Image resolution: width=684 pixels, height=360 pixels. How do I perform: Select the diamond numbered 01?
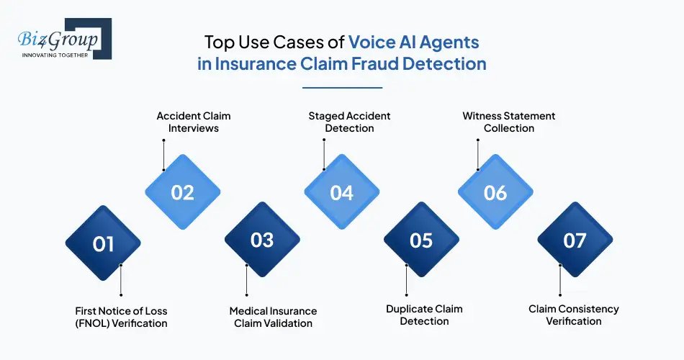click(x=103, y=244)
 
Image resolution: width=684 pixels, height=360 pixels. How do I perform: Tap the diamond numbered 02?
click(x=183, y=192)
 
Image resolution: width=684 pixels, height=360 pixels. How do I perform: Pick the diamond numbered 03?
click(x=262, y=240)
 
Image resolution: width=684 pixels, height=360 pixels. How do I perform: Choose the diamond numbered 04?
click(x=342, y=192)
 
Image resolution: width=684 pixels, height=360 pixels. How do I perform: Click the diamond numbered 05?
click(x=421, y=240)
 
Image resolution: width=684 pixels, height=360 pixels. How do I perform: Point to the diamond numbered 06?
click(x=496, y=192)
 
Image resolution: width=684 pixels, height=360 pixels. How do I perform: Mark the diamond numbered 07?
click(x=575, y=240)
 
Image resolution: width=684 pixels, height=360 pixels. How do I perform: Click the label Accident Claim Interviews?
click(x=194, y=122)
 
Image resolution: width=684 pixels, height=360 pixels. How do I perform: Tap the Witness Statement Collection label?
click(x=509, y=122)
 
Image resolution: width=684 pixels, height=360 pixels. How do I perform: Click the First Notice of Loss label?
click(x=121, y=317)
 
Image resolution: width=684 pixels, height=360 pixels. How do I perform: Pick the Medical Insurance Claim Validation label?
click(x=273, y=317)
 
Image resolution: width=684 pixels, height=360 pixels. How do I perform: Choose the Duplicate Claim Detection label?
click(x=424, y=315)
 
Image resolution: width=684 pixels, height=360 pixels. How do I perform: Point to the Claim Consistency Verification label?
click(x=574, y=315)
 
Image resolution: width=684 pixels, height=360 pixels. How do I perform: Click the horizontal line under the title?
click(x=342, y=88)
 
